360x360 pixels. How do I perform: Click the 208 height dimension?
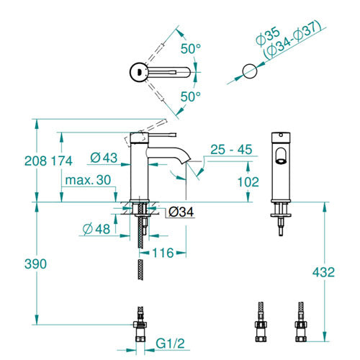pos(35,161)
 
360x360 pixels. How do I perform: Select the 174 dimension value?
pos(62,161)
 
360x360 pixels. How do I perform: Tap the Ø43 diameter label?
pos(104,158)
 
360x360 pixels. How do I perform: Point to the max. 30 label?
pos(88,180)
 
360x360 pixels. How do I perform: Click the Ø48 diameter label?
pos(96,229)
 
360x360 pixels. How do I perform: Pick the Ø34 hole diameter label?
pos(181,212)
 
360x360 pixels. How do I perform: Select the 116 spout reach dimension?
pos(163,253)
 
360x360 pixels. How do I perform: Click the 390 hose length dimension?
pos(35,264)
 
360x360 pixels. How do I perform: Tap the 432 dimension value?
pos(323,272)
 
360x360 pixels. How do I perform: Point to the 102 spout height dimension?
pos(248,182)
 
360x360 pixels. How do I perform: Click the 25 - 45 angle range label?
pos(231,150)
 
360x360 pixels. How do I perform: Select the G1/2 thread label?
pos(171,343)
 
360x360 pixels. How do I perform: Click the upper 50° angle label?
pos(191,49)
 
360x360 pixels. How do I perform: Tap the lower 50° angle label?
pos(191,96)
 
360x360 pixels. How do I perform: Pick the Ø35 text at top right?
pos(268,37)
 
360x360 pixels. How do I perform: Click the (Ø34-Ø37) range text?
pos(292,41)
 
